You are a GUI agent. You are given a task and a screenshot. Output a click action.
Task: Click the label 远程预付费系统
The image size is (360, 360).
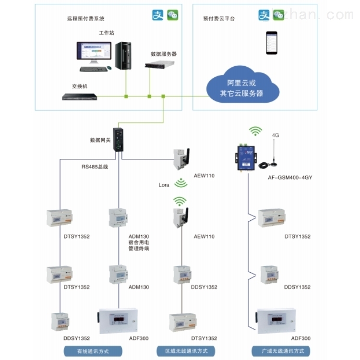(x=85, y=19)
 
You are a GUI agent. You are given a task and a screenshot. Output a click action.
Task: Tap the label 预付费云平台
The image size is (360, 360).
(x=218, y=19)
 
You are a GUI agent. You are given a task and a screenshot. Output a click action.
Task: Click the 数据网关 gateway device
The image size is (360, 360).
(x=119, y=139)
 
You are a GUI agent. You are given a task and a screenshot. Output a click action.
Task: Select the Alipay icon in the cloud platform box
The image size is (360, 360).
(x=264, y=15)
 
